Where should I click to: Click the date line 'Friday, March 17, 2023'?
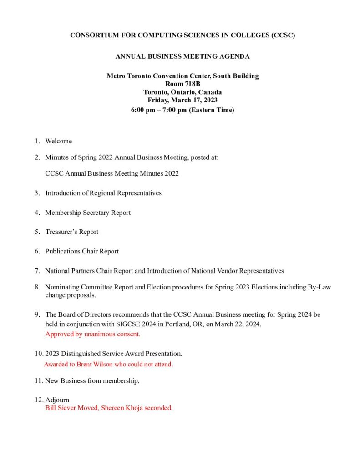(x=183, y=100)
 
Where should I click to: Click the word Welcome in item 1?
(x=58, y=141)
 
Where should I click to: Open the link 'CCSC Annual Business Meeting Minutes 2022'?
(x=112, y=173)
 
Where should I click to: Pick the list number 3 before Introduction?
(x=37, y=193)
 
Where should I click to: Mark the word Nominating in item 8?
(x=62, y=287)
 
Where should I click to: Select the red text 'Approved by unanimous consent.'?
(x=93, y=334)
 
